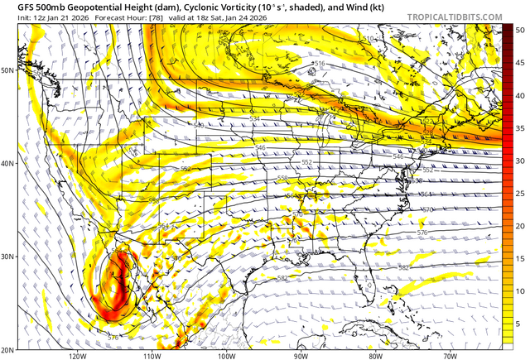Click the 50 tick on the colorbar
pos(520,30)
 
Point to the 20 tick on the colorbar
pos(520,225)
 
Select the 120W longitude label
pos(78,356)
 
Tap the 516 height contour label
pos(320,64)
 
